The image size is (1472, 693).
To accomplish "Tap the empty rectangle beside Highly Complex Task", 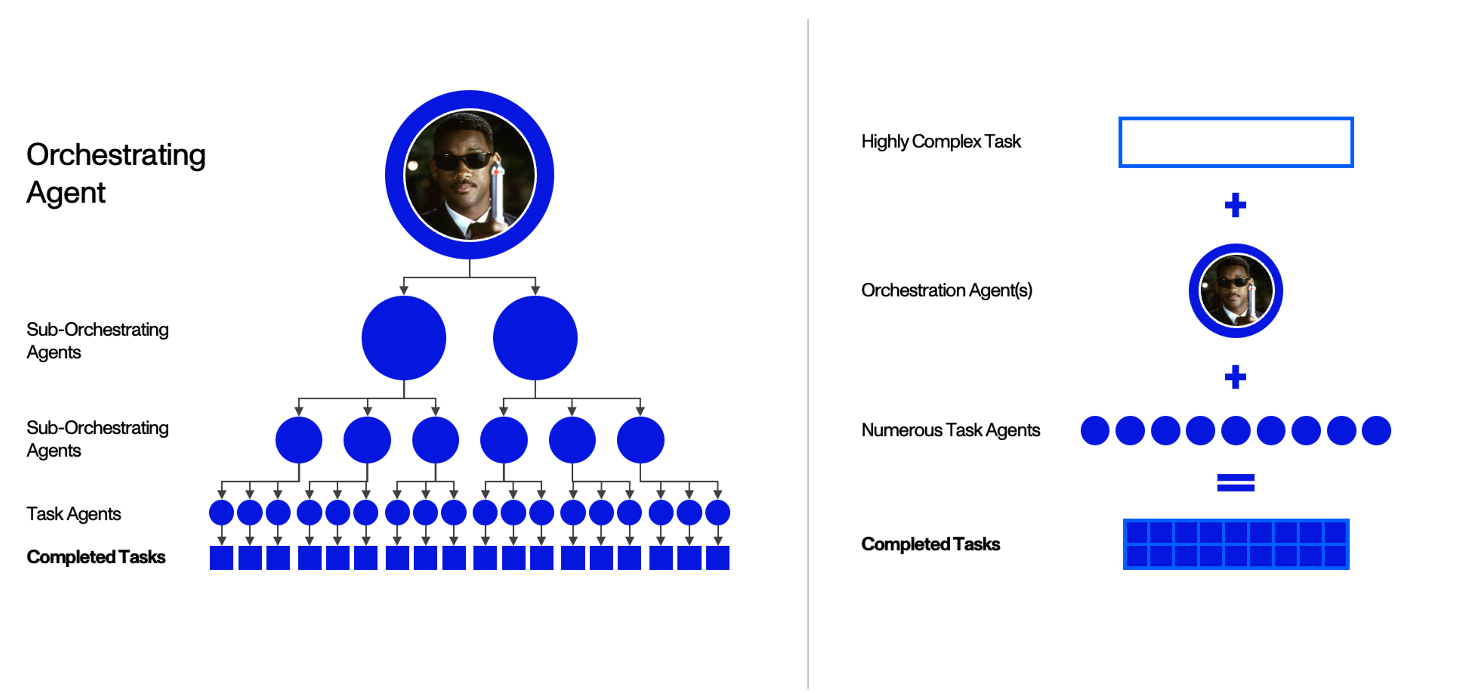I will click(1235, 142).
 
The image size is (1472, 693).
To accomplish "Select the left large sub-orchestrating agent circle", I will click(403, 338).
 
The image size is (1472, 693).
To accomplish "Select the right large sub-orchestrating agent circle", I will click(535, 338).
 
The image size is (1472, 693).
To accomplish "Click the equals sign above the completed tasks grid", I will click(1235, 482).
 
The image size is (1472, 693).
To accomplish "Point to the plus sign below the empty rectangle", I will click(1235, 205).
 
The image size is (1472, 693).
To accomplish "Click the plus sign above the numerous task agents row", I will click(1235, 377).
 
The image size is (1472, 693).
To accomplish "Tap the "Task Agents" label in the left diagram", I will click(74, 514).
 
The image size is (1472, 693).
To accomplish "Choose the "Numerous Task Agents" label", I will click(950, 430).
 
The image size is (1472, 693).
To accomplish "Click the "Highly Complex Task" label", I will click(941, 141).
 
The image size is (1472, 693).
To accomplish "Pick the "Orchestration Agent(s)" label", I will click(946, 290).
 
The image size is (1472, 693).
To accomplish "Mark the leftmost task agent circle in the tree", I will click(222, 512).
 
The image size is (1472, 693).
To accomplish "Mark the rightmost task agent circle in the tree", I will click(718, 512).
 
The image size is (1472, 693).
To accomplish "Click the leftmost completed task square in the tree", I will click(222, 558).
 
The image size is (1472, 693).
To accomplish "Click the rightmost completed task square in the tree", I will click(718, 558).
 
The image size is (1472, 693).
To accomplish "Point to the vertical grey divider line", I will click(808, 354).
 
